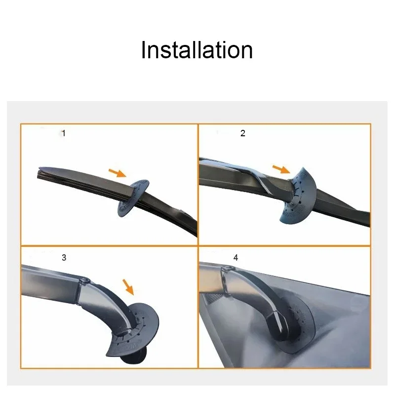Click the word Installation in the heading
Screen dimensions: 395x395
coord(197,50)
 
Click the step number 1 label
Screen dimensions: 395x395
coord(63,133)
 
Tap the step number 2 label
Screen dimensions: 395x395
coord(242,133)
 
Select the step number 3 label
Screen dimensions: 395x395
coord(64,257)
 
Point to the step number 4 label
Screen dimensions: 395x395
coord(236,258)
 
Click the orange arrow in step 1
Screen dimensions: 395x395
coord(118,172)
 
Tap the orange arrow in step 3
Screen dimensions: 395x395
coord(128,285)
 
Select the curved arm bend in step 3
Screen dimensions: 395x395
coord(106,301)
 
